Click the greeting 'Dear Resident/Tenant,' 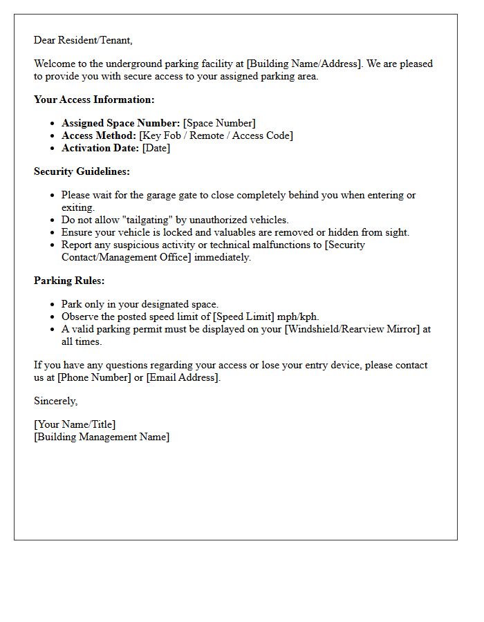83,40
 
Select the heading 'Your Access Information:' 94,100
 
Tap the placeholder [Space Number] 219,123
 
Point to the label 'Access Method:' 99,135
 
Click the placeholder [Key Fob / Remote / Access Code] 216,135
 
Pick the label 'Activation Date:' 100,148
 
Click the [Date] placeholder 156,148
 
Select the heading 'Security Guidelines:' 82,171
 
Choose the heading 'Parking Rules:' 69,281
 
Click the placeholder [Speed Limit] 245,317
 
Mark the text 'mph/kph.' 298,317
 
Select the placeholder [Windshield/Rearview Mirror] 352,329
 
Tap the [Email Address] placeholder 183,377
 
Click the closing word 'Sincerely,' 56,401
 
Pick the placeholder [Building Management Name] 102,437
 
